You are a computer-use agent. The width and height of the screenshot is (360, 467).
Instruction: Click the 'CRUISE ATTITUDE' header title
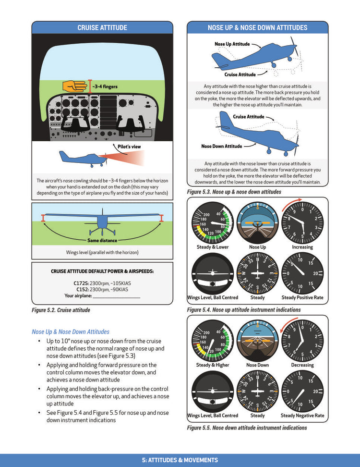pyautogui.click(x=102, y=28)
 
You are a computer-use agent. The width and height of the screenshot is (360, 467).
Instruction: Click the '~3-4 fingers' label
pyautogui.click(x=105, y=87)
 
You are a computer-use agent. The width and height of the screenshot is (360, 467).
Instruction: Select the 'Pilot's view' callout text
pyautogui.click(x=129, y=147)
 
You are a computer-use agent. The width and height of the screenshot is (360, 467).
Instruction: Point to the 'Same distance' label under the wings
pyautogui.click(x=102, y=240)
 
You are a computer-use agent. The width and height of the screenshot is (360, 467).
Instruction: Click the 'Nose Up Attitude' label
pyautogui.click(x=232, y=44)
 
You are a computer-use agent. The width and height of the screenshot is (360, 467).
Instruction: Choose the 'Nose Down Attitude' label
pyautogui.click(x=221, y=146)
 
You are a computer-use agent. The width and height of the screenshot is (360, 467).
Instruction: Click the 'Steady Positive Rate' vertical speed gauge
pyautogui.click(x=302, y=273)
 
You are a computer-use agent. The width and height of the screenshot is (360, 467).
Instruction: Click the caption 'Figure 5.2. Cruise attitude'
pyautogui.click(x=61, y=310)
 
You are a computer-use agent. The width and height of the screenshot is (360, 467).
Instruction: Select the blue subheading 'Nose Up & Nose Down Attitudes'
pyautogui.click(x=71, y=332)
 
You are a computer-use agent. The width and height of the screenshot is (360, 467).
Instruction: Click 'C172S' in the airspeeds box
pyautogui.click(x=81, y=283)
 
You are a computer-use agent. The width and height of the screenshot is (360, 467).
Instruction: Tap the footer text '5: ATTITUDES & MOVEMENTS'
pyautogui.click(x=180, y=460)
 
